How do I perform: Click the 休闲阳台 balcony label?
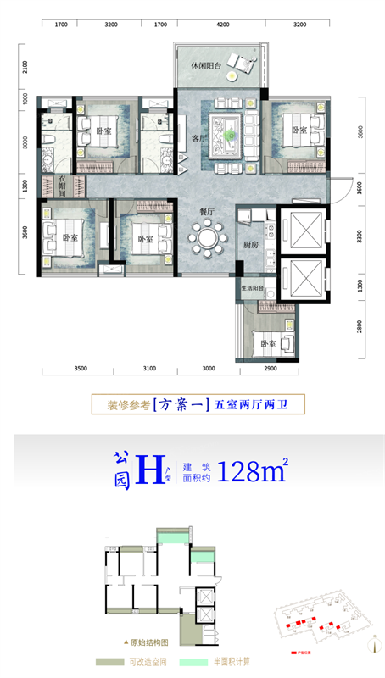pos(206,65)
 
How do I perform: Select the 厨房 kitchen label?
pos(249,245)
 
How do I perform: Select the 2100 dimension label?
pos(25,66)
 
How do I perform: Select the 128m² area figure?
pos(253,470)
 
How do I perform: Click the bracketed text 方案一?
pos(178,405)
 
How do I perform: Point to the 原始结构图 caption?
pos(150,642)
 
